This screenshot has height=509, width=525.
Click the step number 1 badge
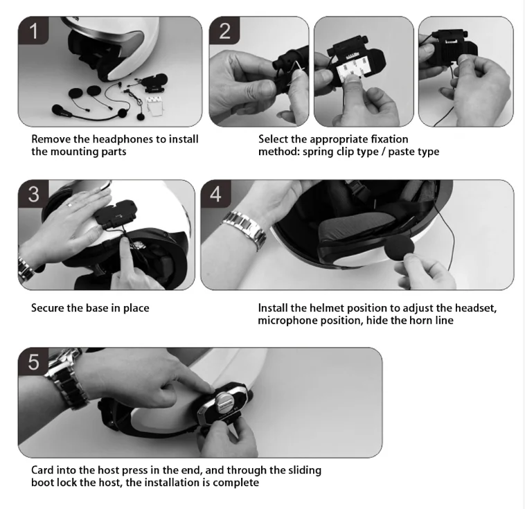tap(33, 30)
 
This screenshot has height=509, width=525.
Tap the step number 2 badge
tap(224, 30)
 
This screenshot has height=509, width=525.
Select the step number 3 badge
tap(33, 194)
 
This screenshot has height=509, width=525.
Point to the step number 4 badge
tap(216, 194)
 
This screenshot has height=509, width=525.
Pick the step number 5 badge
tap(33, 361)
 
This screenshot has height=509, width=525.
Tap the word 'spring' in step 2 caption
tap(318, 152)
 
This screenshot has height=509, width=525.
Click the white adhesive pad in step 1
tap(155, 106)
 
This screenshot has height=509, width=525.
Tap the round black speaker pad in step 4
tap(399, 249)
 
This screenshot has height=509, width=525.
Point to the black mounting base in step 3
tap(116, 214)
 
